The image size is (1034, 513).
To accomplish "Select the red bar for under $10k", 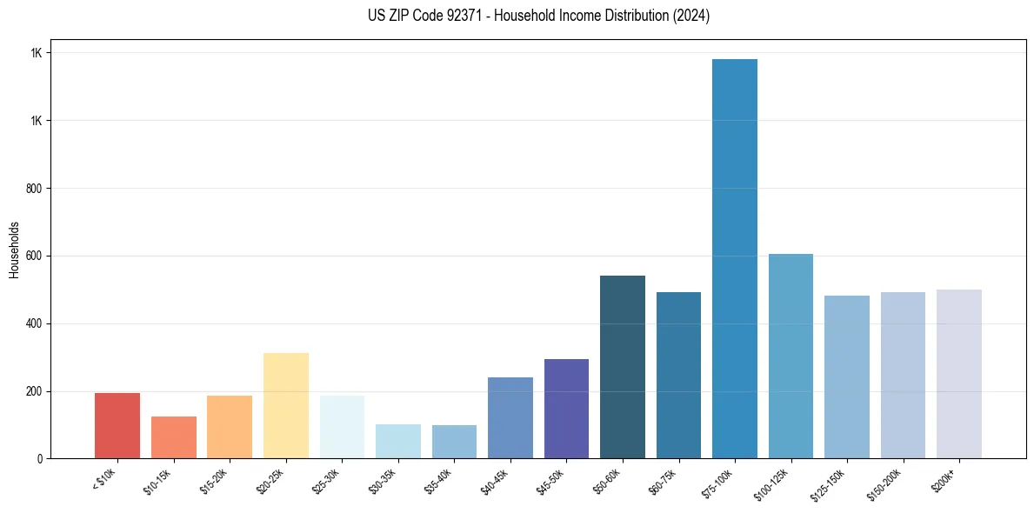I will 117,426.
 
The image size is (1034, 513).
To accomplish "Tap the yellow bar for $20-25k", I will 286,405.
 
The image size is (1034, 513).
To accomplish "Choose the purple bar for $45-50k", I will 566,409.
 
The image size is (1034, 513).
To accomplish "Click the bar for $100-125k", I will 791,356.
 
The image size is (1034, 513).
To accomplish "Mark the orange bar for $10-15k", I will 174,437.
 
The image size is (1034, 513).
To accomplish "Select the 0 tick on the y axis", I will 40,458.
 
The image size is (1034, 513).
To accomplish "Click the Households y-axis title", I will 14,250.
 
